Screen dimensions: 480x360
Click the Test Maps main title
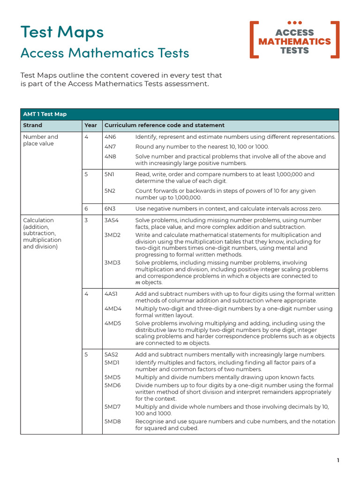pos(62,32)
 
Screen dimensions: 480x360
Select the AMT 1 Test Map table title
pos(45,114)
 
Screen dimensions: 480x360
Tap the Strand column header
pos(32,126)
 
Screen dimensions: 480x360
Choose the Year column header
pos(90,126)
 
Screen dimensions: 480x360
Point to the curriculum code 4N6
pos(110,137)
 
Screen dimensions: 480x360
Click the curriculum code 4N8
pos(110,157)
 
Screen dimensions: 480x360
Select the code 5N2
pos(110,191)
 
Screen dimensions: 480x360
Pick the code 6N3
pos(110,209)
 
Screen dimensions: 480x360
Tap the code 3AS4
pos(112,220)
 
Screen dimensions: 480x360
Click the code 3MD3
pos(112,263)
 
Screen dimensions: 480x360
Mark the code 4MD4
pos(113,309)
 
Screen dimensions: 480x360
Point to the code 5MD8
pos(112,421)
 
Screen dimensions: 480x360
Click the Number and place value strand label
pos(41,140)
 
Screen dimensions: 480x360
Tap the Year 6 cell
pos(86,209)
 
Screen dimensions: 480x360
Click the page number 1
pos(338,460)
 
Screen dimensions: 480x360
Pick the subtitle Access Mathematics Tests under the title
pos(105,53)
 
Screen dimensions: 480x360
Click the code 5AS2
pos(112,354)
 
